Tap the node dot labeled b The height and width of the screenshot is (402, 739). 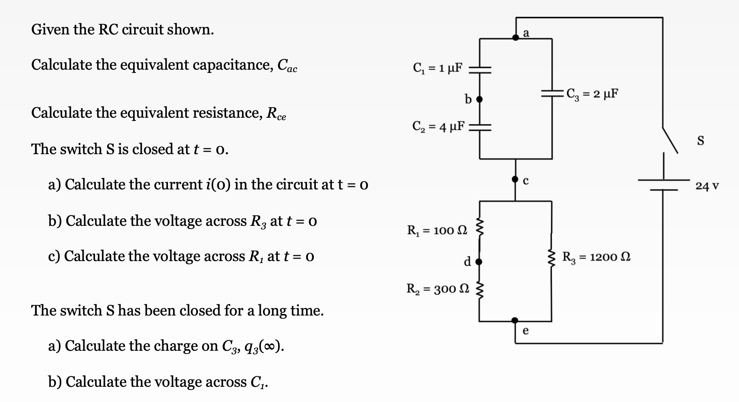(479, 99)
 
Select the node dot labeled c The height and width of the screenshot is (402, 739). (515, 180)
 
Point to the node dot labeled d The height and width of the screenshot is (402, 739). (479, 262)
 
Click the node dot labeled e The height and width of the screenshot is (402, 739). (515, 320)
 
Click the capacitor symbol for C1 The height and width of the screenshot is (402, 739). (480, 70)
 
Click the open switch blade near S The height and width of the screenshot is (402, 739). (670, 140)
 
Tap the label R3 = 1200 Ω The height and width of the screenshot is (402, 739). (596, 257)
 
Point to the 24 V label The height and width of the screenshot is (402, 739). (707, 186)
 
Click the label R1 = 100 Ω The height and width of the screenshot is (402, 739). (437, 230)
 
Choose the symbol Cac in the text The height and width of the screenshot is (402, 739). (287, 65)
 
